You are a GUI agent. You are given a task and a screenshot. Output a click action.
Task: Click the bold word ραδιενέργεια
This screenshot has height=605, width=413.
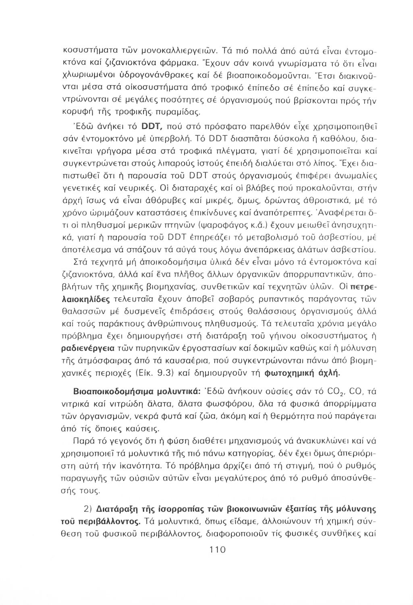point(87,348)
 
